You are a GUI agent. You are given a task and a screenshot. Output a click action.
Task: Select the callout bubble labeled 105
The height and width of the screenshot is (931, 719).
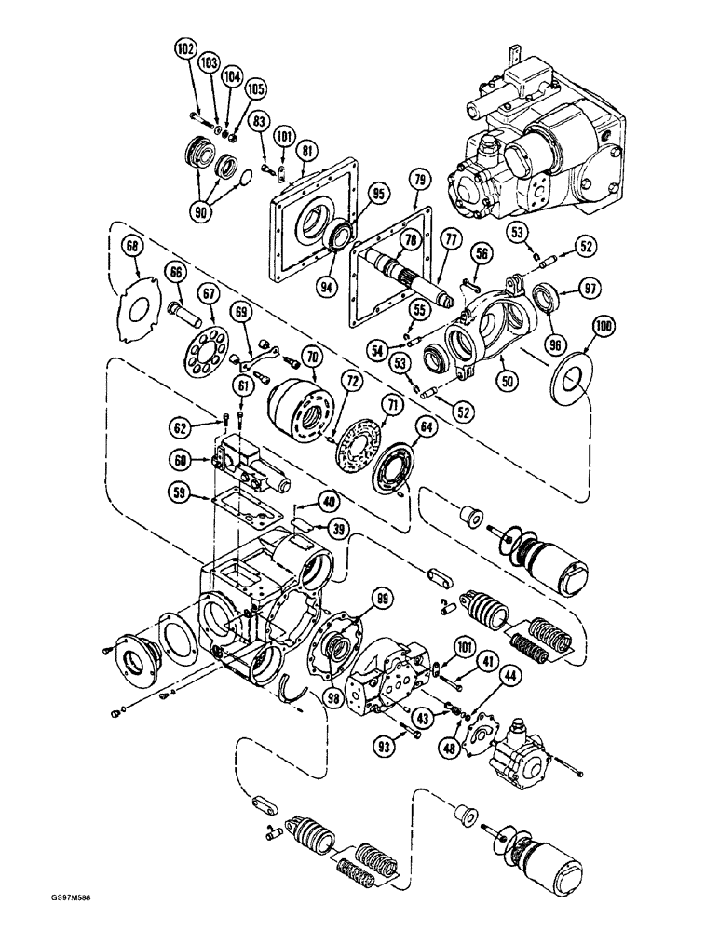254,89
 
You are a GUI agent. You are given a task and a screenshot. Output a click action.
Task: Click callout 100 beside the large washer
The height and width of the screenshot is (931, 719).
605,328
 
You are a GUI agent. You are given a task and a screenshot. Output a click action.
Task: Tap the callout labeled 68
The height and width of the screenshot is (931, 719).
133,246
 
